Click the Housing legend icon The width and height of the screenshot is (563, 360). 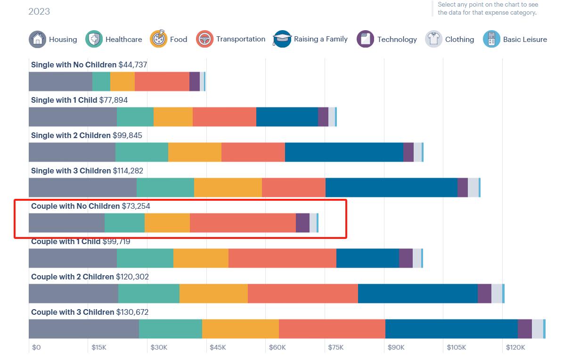click(x=37, y=39)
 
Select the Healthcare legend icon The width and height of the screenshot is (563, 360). click(x=94, y=39)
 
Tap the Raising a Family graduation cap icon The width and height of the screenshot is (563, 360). click(x=282, y=39)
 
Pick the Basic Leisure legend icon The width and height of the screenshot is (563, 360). click(x=491, y=39)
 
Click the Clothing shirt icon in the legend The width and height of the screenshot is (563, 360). click(x=433, y=39)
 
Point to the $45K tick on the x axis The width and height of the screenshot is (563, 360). click(x=218, y=347)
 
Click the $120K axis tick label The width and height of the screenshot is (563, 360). click(x=515, y=347)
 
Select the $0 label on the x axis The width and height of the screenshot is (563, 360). click(x=36, y=347)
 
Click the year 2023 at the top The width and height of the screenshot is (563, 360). click(x=39, y=11)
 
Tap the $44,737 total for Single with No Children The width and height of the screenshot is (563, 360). click(x=133, y=65)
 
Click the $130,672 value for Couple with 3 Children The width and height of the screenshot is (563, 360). click(x=132, y=312)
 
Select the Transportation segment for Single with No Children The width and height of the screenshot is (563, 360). click(x=162, y=82)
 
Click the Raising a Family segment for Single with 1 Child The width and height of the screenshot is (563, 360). click(x=287, y=117)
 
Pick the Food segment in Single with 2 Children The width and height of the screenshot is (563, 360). click(x=195, y=152)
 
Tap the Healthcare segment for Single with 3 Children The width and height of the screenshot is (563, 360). click(x=165, y=188)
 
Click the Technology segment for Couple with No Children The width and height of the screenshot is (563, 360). click(x=302, y=223)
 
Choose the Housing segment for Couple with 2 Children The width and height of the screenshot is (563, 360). click(x=73, y=294)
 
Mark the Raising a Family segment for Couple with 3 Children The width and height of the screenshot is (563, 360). click(x=451, y=329)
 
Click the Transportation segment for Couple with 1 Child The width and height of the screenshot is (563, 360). click(x=282, y=258)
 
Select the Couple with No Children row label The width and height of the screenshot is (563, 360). click(x=75, y=206)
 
